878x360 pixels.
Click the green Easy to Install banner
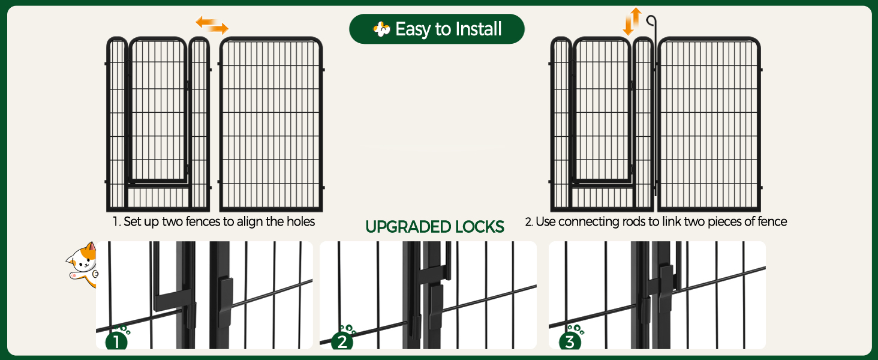(437, 29)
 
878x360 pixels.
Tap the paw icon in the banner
(381, 29)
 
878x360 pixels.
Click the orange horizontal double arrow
(212, 25)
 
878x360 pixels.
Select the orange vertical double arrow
(632, 21)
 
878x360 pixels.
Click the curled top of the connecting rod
(651, 20)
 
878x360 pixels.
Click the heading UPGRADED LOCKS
(435, 227)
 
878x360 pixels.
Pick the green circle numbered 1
(116, 341)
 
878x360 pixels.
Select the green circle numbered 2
(342, 341)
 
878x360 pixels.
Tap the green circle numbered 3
(570, 341)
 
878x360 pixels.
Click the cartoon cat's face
(83, 259)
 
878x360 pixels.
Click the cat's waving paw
(74, 275)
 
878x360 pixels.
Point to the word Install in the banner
(478, 29)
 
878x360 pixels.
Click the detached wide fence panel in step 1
(271, 124)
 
